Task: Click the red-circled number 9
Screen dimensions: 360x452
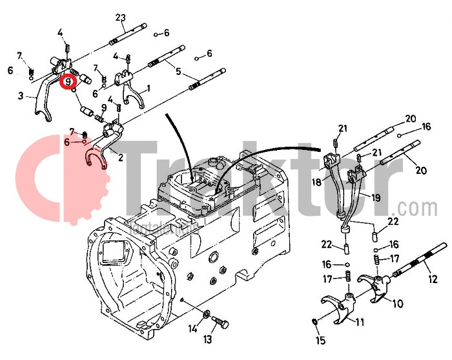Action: (x=68, y=82)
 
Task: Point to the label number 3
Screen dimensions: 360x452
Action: (x=21, y=96)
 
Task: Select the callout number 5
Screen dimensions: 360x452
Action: (x=179, y=72)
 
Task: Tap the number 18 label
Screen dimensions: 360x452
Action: (x=317, y=183)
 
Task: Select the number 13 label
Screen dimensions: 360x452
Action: (x=208, y=339)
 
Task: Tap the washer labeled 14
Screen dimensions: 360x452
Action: (x=206, y=315)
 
